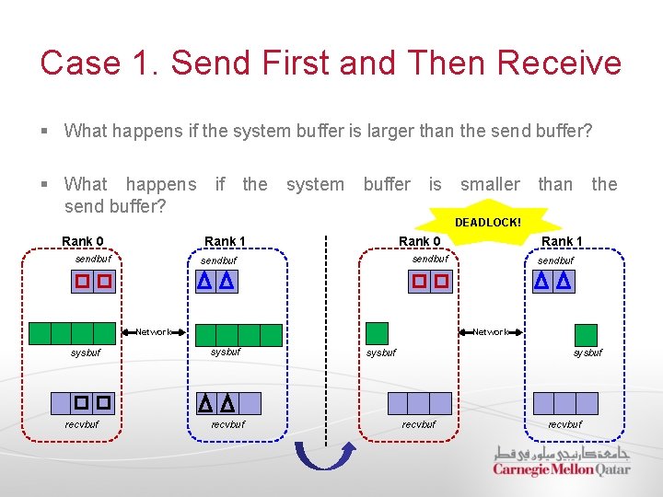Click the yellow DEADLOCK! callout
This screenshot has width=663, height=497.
[x=487, y=223]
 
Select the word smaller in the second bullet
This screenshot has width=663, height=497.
[x=490, y=184]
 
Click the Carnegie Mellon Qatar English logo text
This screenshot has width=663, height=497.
[x=561, y=469]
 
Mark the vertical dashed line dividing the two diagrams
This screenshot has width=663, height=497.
[x=325, y=331]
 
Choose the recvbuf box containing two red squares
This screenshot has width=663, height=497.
[x=92, y=402]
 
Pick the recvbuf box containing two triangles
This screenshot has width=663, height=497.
[x=215, y=403]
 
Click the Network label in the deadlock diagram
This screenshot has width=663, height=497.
[x=490, y=332]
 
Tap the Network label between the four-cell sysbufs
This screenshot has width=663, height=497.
[x=154, y=332]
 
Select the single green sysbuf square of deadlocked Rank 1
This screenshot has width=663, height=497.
[x=586, y=334]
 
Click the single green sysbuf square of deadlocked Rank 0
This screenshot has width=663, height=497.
[x=378, y=333]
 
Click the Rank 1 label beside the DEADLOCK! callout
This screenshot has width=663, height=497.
[x=562, y=241]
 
